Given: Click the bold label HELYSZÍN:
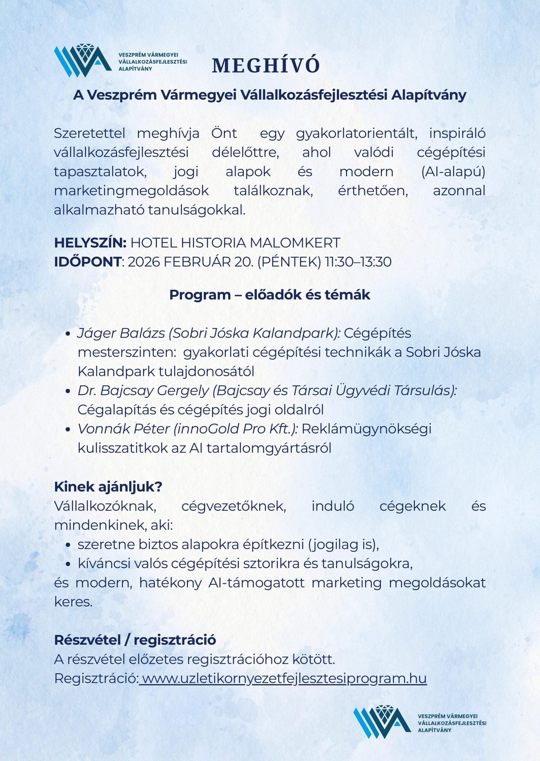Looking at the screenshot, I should tap(90, 243).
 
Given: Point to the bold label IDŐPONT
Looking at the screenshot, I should tap(87, 262).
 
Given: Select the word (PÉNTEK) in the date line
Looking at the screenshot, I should tap(289, 262).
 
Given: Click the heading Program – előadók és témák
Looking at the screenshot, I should tap(270, 295).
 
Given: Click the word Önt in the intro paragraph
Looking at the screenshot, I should tap(224, 133).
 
